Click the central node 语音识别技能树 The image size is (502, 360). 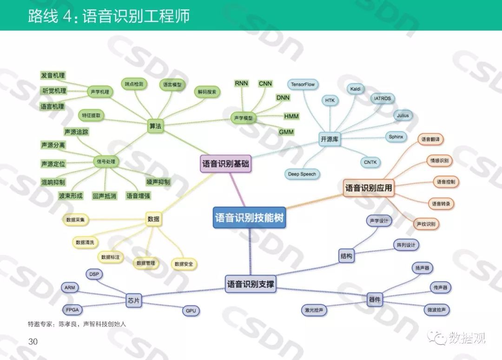click(x=250, y=217)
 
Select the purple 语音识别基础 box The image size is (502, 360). click(x=225, y=164)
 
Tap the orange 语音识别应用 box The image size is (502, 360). click(x=369, y=188)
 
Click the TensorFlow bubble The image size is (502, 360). click(x=303, y=85)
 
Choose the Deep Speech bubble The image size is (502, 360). click(x=302, y=174)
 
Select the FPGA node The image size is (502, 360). click(x=73, y=309)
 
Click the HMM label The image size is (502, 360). click(x=291, y=116)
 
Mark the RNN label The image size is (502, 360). click(x=241, y=83)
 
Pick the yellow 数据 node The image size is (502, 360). click(x=153, y=219)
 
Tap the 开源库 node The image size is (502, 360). click(x=329, y=139)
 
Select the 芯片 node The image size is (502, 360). click(x=134, y=301)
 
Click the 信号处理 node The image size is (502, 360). click(x=105, y=162)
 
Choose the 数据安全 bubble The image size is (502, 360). click(x=184, y=264)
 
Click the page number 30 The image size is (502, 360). click(x=33, y=342)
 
